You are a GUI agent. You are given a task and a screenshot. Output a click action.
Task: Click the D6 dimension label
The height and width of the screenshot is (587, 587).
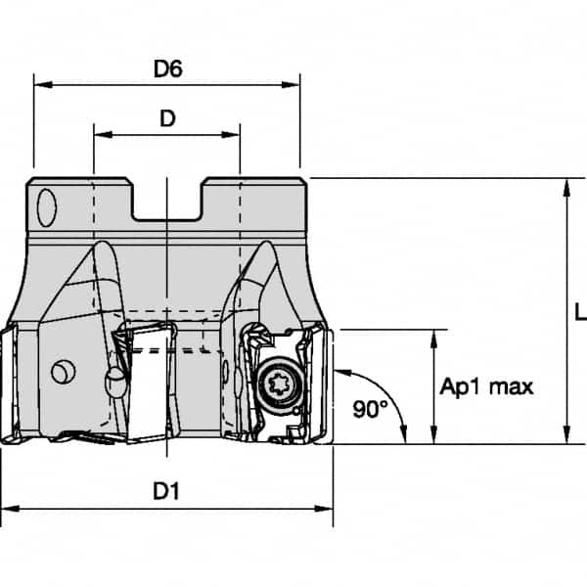(x=169, y=68)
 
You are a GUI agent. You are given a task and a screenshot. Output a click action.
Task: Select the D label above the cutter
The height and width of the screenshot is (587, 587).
(x=167, y=117)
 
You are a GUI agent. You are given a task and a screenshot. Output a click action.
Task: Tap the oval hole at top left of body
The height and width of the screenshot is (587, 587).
(x=46, y=208)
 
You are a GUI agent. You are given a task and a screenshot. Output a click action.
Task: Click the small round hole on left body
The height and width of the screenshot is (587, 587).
(x=62, y=372)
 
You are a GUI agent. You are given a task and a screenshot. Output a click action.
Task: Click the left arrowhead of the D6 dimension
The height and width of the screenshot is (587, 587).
(x=40, y=85)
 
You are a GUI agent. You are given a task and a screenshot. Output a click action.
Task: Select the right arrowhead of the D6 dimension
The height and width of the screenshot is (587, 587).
(x=293, y=85)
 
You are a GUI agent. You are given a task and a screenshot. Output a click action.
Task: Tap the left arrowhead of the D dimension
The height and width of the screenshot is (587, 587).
(x=100, y=135)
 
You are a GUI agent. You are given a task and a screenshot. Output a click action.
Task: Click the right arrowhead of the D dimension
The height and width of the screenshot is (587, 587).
(x=234, y=135)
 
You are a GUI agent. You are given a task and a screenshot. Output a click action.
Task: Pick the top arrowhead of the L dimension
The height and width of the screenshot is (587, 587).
(x=565, y=186)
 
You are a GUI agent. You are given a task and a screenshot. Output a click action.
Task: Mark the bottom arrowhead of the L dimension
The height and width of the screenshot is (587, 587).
(x=565, y=436)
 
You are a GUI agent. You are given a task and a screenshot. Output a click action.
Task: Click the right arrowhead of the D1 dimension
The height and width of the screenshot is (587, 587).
(x=326, y=509)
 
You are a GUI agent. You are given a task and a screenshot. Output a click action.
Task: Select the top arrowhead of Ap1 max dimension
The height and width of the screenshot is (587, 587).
(x=432, y=337)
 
